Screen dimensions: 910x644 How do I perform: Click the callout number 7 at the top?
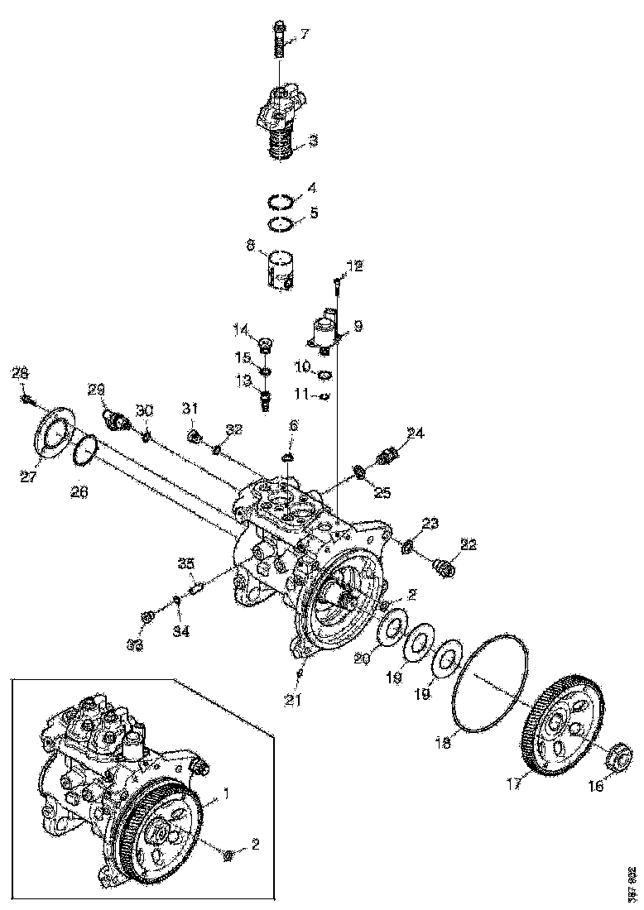pyautogui.click(x=305, y=34)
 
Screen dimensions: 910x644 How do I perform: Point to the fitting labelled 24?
pyautogui.click(x=387, y=454)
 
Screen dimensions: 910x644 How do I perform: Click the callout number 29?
pyautogui.click(x=96, y=388)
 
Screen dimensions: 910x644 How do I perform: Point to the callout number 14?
pyautogui.click(x=240, y=331)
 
